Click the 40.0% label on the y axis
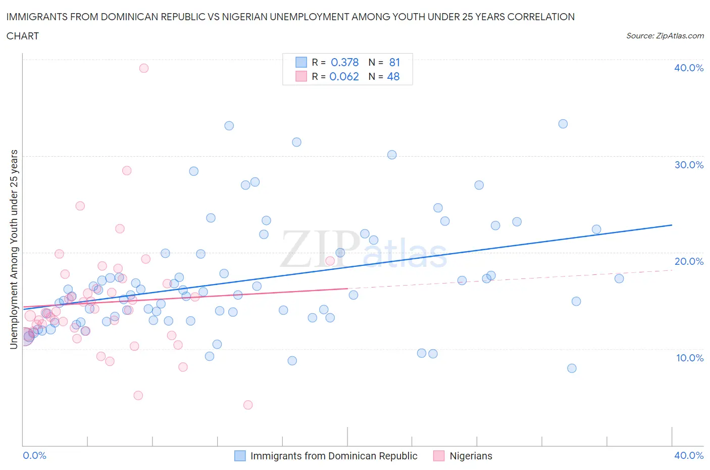(x=689, y=68)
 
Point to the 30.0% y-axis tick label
(x=689, y=165)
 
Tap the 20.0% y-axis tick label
(x=689, y=261)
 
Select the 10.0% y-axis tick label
(x=689, y=358)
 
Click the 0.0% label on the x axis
(x=34, y=455)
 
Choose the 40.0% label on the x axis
(x=689, y=455)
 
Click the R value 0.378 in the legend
(x=344, y=62)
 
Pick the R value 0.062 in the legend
(x=344, y=76)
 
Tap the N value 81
(x=394, y=62)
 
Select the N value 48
(x=393, y=76)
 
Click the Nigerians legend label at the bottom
(x=471, y=456)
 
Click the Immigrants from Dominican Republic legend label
(x=334, y=456)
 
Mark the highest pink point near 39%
(x=144, y=68)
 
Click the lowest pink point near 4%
(x=248, y=405)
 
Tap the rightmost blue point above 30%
(x=563, y=124)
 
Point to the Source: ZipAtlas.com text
(x=665, y=36)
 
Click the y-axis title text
(x=14, y=249)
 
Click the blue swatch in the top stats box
(x=301, y=62)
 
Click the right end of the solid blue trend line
(x=672, y=225)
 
